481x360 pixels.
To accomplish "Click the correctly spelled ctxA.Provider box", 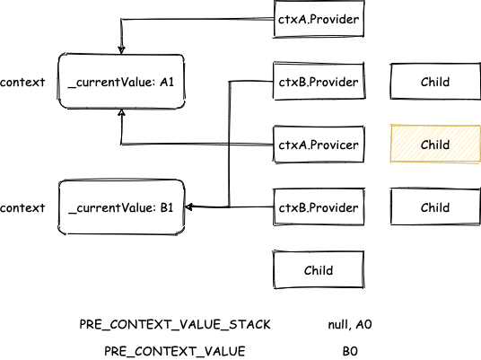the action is [x=319, y=19].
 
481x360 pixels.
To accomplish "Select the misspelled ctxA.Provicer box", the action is [x=319, y=145].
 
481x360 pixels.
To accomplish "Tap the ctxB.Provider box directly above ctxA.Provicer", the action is [x=319, y=82].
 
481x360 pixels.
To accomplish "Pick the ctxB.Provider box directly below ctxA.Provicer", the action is [x=319, y=207].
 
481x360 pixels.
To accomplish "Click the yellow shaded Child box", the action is [x=435, y=144].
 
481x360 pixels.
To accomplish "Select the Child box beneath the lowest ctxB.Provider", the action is [x=319, y=270].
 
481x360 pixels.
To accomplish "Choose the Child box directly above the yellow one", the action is [x=435, y=82].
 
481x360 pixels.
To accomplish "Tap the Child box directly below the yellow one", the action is [x=435, y=207].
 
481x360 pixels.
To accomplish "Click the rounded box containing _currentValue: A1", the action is [x=121, y=82].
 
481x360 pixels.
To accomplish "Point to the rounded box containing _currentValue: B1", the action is [x=121, y=207].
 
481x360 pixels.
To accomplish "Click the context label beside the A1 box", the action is [x=22, y=83].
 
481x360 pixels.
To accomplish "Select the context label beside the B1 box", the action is [x=22, y=208].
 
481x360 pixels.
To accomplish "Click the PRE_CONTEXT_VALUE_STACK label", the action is [x=175, y=325].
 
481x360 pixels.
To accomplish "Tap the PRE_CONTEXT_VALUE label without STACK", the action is [x=175, y=351].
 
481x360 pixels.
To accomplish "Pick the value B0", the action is [x=350, y=351].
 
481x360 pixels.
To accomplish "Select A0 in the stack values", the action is [x=363, y=324].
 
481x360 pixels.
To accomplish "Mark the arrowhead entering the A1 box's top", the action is [x=122, y=50].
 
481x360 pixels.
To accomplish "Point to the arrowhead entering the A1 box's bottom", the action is [x=122, y=112].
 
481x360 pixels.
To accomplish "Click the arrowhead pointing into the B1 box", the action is [x=189, y=206].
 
